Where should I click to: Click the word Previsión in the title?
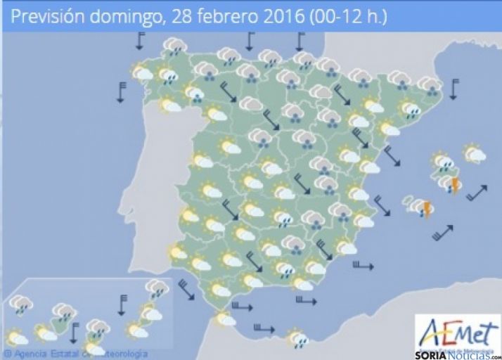[x=45, y=15]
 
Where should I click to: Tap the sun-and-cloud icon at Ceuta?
[x=226, y=318]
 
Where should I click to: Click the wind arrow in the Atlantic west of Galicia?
[x=122, y=92]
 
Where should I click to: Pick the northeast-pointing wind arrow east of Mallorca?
[x=476, y=192]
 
